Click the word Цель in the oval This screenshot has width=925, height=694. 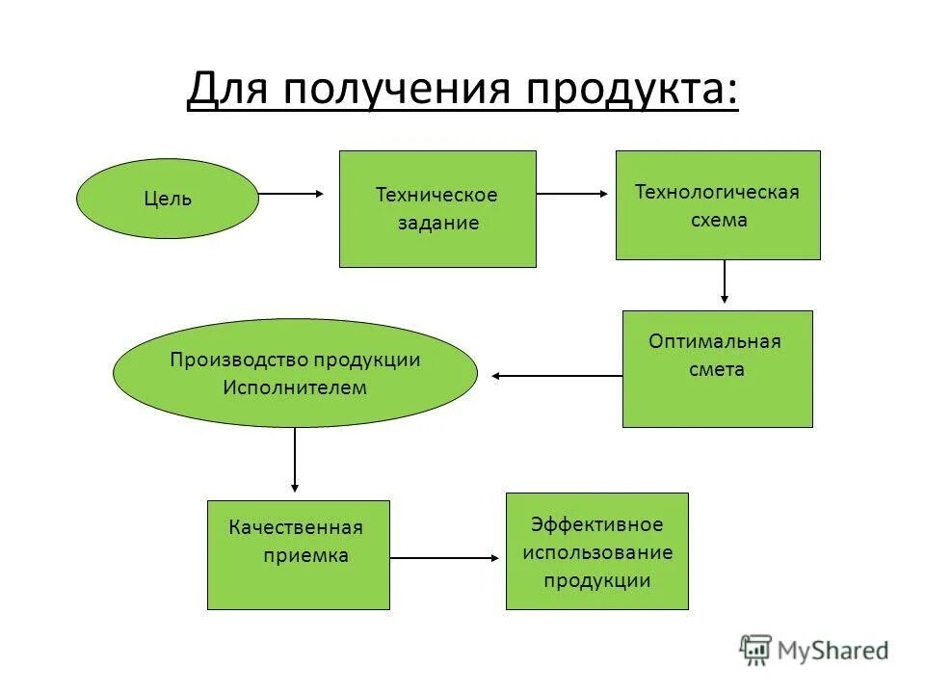coord(168,200)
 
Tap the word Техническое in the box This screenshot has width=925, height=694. coord(436,195)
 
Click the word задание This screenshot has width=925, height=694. coord(438,223)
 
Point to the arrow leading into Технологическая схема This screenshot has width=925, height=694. coord(573,194)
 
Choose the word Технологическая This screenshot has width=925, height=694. coord(717,191)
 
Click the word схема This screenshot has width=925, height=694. coord(718,220)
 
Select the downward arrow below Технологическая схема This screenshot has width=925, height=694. coord(724,281)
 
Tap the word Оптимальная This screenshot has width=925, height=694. coord(715,341)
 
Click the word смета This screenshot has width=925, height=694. coord(716,369)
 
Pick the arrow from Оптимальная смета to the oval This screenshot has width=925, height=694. coord(557,375)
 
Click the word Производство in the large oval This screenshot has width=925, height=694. coord(240,360)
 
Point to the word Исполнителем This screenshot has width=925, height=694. coord(295,387)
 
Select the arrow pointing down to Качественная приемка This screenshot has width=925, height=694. coord(295,460)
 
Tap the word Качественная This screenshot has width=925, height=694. coord(296,527)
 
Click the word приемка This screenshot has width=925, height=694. coord(305,555)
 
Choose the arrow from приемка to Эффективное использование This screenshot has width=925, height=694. coord(445,557)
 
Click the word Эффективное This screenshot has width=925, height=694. coord(597,524)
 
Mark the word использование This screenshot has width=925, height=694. coord(597,552)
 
